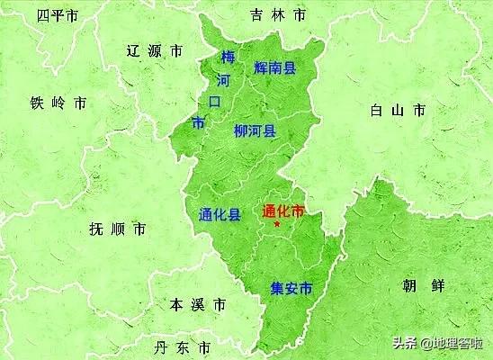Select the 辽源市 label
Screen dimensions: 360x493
[x=154, y=51]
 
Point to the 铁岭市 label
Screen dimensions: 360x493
[x=58, y=103]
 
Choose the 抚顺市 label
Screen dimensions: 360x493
[x=117, y=229]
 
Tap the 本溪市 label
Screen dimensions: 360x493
[x=198, y=305]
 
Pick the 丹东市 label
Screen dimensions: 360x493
[x=182, y=347]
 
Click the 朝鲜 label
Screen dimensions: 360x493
[x=422, y=286]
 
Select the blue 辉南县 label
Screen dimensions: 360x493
[x=275, y=67]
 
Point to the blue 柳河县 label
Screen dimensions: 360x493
[x=255, y=131]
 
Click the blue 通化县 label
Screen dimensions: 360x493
[x=219, y=215]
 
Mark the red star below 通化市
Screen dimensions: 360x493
[x=276, y=224]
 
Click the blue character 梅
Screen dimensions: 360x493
[x=229, y=58]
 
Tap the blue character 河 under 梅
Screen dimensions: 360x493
[x=224, y=79]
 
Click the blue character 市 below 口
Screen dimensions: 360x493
[x=198, y=121]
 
